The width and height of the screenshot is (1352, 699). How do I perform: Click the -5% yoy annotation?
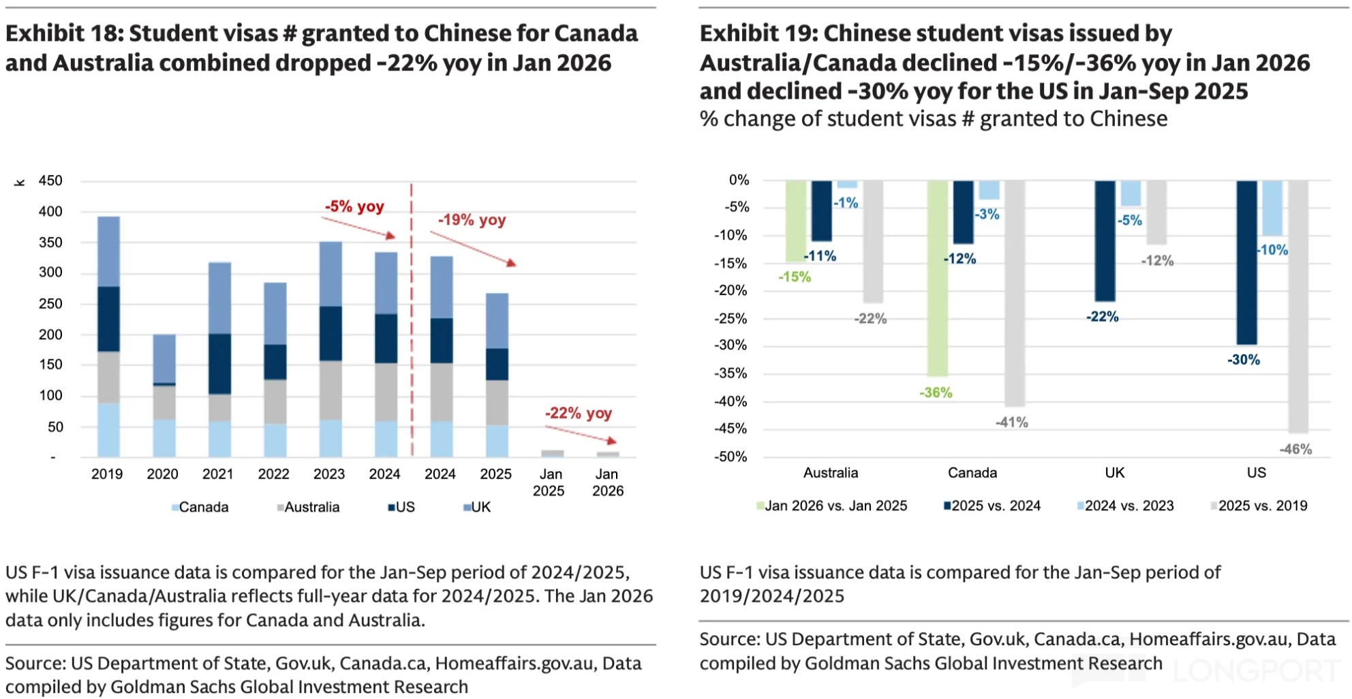tap(354, 206)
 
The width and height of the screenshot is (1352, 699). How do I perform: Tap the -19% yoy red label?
tap(472, 220)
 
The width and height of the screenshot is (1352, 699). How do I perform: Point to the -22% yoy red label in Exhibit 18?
tap(578, 414)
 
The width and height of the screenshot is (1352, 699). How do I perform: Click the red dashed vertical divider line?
tap(412, 320)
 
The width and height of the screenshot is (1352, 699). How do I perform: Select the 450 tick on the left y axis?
tap(50, 181)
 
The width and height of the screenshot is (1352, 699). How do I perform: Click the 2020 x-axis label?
tap(162, 474)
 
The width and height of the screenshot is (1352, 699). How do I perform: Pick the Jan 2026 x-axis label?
tap(607, 482)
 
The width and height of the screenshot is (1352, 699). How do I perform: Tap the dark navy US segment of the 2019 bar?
tap(108, 319)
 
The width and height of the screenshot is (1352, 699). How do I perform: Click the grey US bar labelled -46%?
tap(1298, 307)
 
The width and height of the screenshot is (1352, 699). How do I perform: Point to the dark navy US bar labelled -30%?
tap(1246, 262)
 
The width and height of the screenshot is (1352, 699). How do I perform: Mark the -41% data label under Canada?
tap(1012, 423)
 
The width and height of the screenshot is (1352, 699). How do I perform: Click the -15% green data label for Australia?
tap(795, 277)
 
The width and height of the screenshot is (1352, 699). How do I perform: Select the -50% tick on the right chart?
tap(731, 457)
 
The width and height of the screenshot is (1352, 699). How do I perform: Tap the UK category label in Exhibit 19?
tap(1115, 473)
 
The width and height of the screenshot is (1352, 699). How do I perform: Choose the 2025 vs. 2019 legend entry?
tap(1262, 506)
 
